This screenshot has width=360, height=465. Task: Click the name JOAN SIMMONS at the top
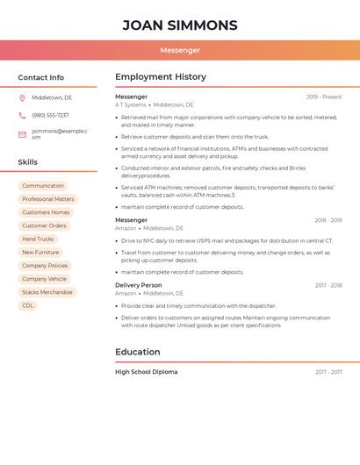tap(179, 25)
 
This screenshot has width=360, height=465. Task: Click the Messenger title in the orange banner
tap(179, 51)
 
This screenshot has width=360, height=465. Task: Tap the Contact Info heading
tap(40, 77)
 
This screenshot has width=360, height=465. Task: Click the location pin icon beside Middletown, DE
tap(22, 98)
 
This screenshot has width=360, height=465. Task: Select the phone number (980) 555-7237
tap(50, 115)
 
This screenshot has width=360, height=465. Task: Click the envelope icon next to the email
tap(22, 134)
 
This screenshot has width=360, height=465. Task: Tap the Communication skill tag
tap(43, 186)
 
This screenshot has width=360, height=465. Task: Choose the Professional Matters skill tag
tap(48, 199)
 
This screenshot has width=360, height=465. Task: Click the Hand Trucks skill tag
tap(38, 239)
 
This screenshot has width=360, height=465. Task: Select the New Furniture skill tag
tap(40, 252)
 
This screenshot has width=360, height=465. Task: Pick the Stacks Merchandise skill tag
tap(47, 292)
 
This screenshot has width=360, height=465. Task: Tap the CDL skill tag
tap(28, 305)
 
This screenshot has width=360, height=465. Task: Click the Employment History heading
tap(161, 77)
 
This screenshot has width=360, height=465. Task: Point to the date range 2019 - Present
tap(324, 97)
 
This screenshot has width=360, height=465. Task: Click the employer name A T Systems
tap(131, 105)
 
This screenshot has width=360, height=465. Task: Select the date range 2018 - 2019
tap(328, 220)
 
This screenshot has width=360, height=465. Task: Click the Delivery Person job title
tap(139, 285)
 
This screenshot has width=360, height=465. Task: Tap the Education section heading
tap(138, 352)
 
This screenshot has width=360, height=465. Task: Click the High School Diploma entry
tap(146, 372)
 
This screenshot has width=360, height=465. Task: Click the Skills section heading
tap(27, 162)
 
